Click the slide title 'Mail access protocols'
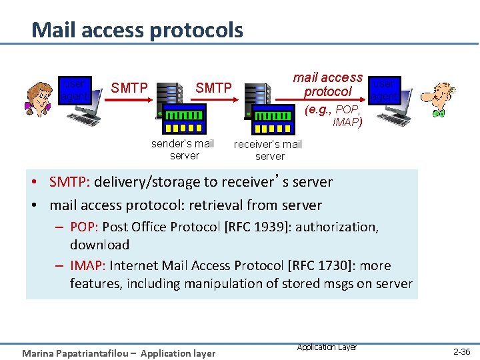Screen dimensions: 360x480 (x=137, y=30)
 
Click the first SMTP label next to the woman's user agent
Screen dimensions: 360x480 (x=129, y=87)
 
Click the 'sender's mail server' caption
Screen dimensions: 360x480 (x=183, y=149)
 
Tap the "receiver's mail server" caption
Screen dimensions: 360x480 (x=268, y=150)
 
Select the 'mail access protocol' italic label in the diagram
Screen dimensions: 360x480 (x=328, y=85)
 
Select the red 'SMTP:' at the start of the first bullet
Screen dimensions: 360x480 (x=71, y=182)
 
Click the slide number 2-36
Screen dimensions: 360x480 (x=461, y=351)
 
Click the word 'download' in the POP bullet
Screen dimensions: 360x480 (x=99, y=245)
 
